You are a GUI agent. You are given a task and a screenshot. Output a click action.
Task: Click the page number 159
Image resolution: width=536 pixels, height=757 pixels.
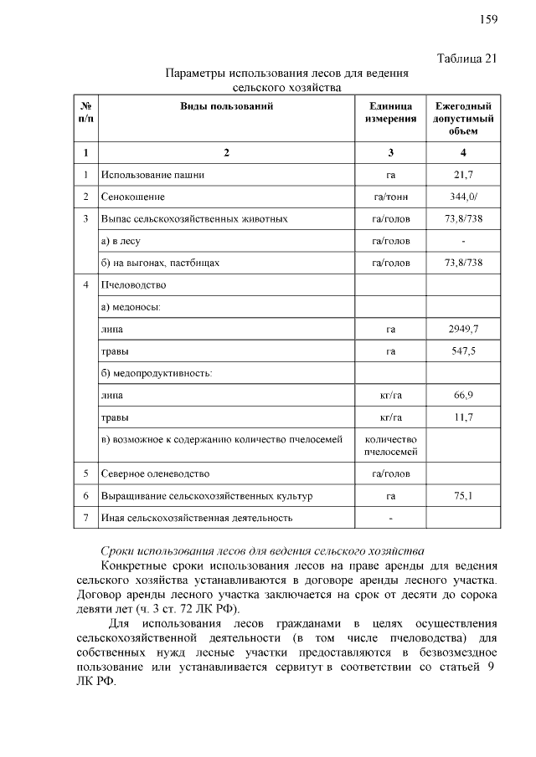point(488,19)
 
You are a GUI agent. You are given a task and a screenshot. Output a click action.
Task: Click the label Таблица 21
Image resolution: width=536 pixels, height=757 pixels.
point(467,58)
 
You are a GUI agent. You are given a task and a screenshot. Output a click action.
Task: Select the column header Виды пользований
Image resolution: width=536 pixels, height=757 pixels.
point(226,106)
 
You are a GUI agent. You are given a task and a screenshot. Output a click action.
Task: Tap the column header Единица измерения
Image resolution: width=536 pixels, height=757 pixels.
point(390,113)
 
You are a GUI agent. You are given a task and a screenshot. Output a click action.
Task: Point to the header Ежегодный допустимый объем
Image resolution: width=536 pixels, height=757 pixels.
point(463,118)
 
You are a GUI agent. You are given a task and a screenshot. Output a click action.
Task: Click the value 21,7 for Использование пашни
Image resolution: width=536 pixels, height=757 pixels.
point(463,176)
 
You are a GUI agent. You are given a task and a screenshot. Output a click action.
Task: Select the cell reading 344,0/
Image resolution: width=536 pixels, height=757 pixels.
point(463,197)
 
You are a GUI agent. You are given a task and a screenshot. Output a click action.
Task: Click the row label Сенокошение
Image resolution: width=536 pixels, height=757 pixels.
point(132,197)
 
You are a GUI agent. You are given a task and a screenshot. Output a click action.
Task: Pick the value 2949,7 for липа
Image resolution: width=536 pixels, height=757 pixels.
point(463,329)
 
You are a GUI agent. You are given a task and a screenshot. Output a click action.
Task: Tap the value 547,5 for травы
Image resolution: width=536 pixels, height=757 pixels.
point(463,350)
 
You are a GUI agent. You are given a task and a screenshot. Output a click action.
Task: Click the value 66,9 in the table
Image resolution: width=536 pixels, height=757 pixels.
point(463,394)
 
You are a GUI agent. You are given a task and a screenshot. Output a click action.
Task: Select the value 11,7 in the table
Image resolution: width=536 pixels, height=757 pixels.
point(463,416)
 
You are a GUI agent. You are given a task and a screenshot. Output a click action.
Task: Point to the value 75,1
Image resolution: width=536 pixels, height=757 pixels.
point(463,496)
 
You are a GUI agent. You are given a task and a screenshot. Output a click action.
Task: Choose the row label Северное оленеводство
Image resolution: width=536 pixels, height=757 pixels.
point(155,474)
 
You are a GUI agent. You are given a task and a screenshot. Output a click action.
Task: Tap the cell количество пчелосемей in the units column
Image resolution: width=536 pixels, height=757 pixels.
point(390,445)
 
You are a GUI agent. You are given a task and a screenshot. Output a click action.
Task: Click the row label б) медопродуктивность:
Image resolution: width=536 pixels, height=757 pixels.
point(157,372)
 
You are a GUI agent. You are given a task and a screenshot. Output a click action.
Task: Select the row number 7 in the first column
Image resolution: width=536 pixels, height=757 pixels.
point(85,518)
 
